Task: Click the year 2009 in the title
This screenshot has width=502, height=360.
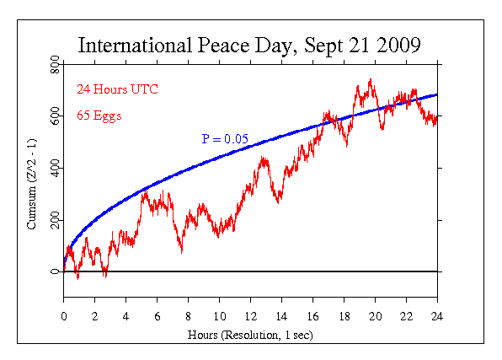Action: point(397,45)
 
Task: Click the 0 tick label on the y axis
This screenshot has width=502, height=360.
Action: point(56,271)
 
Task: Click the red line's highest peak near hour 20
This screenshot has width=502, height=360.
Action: point(370,80)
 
